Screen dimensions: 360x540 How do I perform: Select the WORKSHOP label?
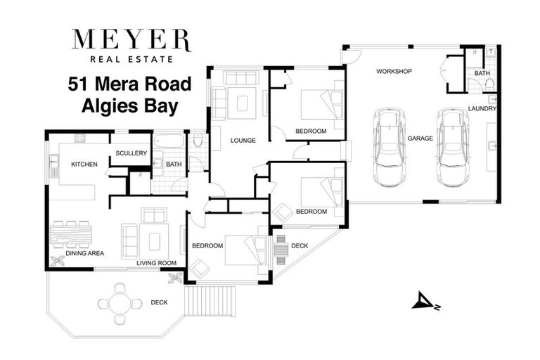(x=393, y=72)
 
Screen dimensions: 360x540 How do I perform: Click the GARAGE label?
(x=420, y=139)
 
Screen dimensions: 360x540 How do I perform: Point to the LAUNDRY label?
(x=482, y=109)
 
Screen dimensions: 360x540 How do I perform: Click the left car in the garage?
(x=387, y=146)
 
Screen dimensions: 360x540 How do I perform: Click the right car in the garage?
(x=451, y=146)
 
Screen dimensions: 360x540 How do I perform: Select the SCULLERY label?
(x=131, y=153)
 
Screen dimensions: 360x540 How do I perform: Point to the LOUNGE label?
(x=243, y=141)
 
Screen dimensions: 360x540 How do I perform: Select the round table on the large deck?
(x=120, y=303)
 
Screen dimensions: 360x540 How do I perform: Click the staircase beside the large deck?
(x=212, y=300)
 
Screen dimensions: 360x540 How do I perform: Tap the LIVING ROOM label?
(x=155, y=263)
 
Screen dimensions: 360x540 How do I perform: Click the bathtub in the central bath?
(x=169, y=141)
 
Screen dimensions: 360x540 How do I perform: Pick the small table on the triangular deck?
(x=281, y=247)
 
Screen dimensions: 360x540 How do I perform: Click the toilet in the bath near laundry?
(x=489, y=85)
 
